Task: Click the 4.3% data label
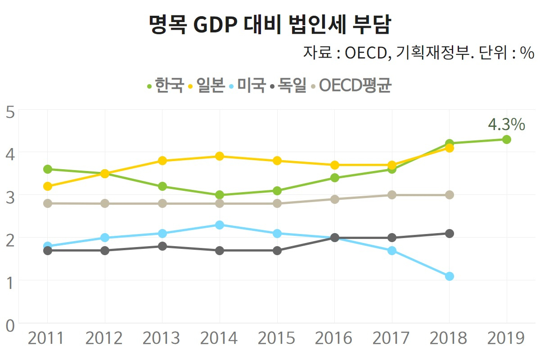[x=507, y=124]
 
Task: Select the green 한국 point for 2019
[x=507, y=139]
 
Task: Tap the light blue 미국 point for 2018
[x=450, y=276]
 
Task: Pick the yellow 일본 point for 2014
[x=220, y=156]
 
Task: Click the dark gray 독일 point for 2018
[x=450, y=234]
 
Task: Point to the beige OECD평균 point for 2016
[x=335, y=199]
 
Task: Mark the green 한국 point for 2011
[x=48, y=169]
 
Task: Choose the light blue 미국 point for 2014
[x=220, y=225]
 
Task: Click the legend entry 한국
[x=166, y=85]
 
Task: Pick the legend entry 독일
[x=288, y=85]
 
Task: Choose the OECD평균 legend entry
[x=351, y=85]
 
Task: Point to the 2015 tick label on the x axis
[x=276, y=338]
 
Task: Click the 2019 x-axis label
[x=506, y=338]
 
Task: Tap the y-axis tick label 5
[x=10, y=112]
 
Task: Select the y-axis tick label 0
[x=10, y=326]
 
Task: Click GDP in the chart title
[x=215, y=25]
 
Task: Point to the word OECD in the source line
[x=366, y=53]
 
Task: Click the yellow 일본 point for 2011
[x=48, y=186]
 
